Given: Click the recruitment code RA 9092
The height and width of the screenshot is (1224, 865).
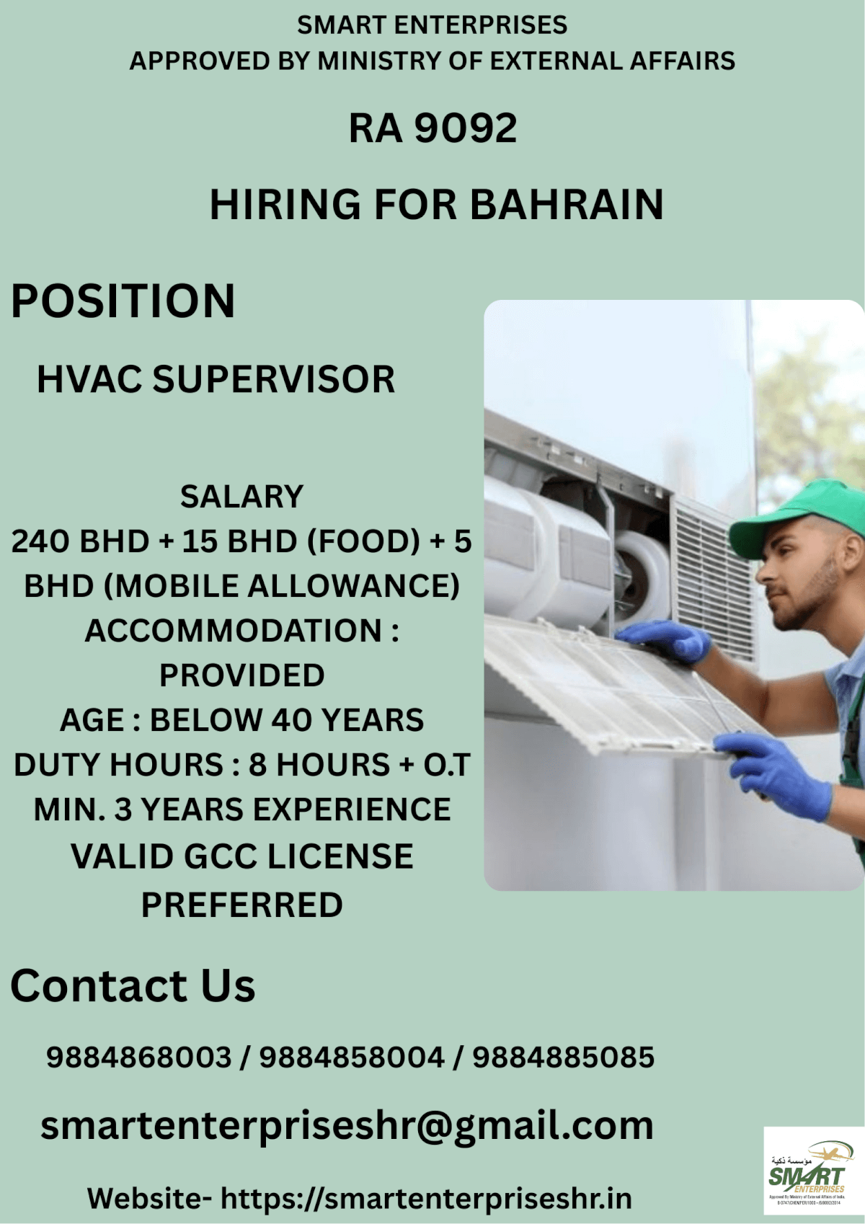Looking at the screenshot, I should click(432, 128).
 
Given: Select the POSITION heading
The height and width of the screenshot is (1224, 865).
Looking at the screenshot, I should click(123, 301).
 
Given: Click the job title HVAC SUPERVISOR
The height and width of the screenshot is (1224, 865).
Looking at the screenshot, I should click(216, 379).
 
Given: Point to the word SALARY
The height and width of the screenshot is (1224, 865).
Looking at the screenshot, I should click(241, 497).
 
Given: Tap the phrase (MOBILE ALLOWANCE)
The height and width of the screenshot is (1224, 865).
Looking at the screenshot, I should click(282, 586).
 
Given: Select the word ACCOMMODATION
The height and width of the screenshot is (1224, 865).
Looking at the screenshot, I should click(232, 631).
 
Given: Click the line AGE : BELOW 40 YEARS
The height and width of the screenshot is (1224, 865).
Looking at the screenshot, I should click(241, 720).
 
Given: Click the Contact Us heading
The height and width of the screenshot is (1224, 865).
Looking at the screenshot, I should click(133, 985).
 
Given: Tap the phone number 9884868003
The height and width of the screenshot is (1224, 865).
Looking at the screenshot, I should click(138, 1057).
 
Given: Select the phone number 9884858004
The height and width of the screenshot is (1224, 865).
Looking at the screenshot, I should click(351, 1057).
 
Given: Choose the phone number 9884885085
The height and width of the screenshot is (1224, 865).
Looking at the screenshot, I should click(563, 1057).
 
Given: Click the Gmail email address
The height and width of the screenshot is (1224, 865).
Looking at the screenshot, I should click(347, 1125).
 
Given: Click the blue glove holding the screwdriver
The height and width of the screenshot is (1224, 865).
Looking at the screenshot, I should click(775, 775).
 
